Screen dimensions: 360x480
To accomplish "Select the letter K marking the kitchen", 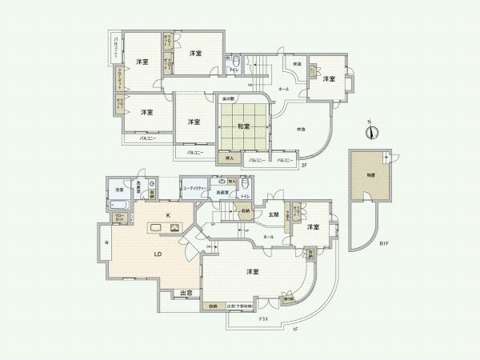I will click(168, 216).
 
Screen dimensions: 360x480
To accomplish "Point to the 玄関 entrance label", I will click(274, 213).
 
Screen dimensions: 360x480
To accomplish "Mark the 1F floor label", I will click(294, 330).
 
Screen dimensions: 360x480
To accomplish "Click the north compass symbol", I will click(370, 132).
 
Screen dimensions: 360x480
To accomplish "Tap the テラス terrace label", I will click(262, 318).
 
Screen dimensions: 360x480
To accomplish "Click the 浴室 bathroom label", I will click(118, 190).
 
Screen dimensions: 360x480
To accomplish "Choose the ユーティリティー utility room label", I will click(197, 188).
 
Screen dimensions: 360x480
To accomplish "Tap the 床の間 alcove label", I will click(227, 98).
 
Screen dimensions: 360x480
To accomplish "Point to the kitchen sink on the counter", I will click(154, 230).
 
